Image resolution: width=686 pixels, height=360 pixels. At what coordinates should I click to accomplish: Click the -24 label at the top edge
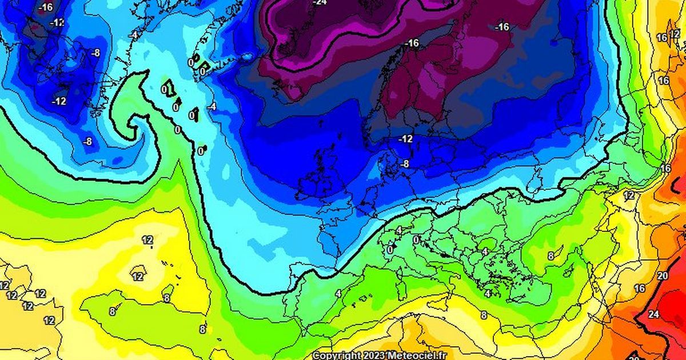(320, 2)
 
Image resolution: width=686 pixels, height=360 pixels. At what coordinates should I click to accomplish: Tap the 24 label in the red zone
(653, 314)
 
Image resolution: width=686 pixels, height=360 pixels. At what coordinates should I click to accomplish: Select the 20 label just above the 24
(663, 276)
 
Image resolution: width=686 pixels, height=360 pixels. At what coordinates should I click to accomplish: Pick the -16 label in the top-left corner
(46, 7)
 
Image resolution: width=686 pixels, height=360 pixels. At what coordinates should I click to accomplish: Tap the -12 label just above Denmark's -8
(405, 139)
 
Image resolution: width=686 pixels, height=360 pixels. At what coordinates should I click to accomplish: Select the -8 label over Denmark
(404, 164)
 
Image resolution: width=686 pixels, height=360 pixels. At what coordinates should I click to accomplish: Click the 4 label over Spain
(338, 293)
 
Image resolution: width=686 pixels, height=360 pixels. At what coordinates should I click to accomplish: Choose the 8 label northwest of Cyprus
(551, 256)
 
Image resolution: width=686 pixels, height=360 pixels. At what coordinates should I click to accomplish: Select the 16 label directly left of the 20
(639, 289)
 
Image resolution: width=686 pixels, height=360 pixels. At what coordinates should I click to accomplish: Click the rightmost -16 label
(502, 27)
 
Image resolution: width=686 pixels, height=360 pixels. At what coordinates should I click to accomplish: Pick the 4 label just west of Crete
(488, 293)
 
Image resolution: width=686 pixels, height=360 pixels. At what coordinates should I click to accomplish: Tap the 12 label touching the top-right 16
(675, 34)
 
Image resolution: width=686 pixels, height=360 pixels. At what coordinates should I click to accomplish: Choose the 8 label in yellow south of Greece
(484, 315)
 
